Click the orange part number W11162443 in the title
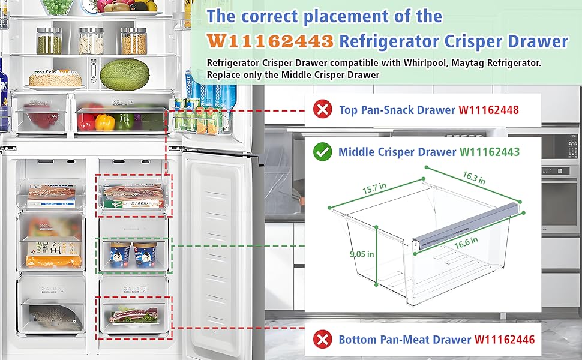270,41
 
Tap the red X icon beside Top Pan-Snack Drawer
323,109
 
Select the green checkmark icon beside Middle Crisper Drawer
323,152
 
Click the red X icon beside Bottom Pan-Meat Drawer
323,340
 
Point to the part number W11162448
488,110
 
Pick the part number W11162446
504,340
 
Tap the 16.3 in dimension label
474,178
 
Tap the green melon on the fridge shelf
124,74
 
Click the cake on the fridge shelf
55,79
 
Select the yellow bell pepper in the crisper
104,122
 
